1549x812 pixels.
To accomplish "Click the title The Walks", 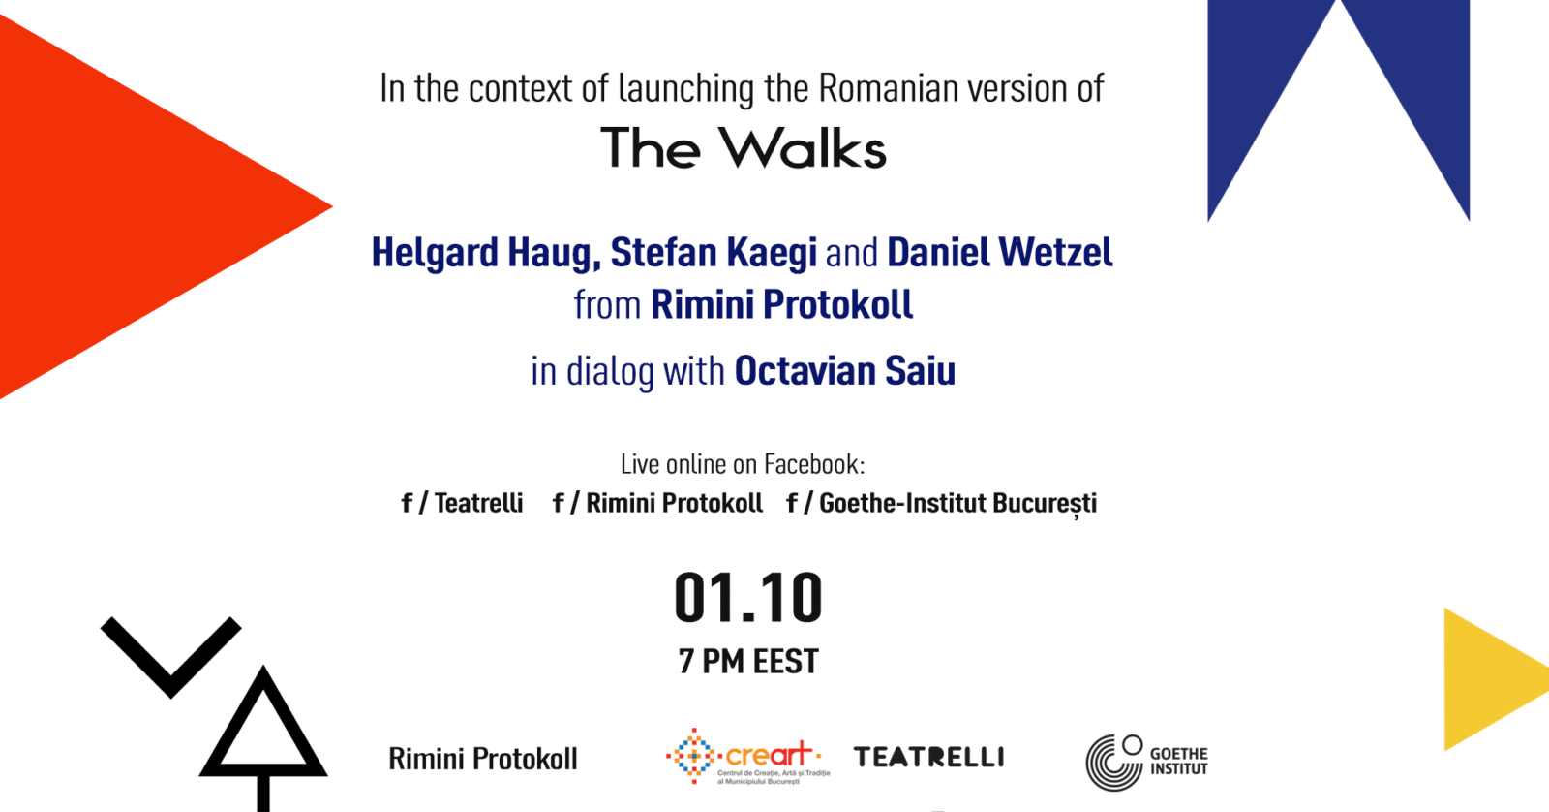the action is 744,147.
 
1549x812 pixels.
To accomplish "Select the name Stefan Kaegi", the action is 714,253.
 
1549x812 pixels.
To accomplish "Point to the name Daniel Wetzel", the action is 1000,252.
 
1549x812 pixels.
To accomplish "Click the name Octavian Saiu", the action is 845,370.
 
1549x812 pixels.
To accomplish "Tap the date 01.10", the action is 748,598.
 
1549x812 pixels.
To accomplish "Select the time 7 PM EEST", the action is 748,661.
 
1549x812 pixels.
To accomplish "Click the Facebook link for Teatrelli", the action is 462,503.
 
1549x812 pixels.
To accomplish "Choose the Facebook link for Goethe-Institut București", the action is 942,504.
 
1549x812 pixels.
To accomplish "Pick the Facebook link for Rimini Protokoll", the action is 657,503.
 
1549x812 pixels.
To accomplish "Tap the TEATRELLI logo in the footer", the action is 928,757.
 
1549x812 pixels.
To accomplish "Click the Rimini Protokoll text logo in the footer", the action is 483,759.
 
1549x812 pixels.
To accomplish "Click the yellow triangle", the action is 1487,679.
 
